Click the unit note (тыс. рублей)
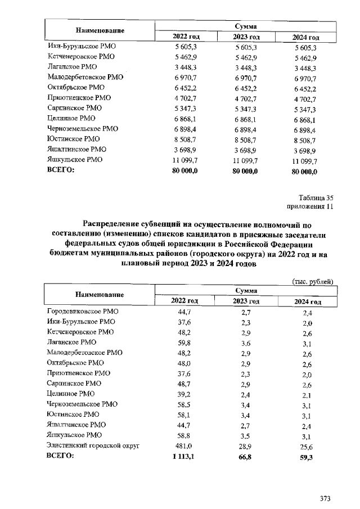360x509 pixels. [313, 281]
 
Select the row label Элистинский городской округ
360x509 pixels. [92, 445]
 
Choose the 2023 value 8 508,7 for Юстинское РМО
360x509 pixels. [245, 139]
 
